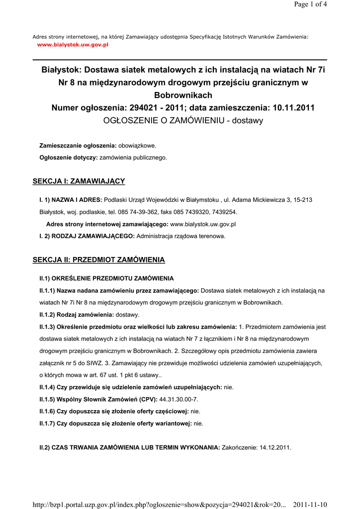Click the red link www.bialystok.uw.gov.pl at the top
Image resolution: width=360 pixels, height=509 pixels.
73,45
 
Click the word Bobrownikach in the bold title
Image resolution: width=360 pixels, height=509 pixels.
183,95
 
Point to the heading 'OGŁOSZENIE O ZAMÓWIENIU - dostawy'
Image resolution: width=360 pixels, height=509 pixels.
183,120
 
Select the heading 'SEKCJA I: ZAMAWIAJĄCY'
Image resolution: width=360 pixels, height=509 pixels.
79,181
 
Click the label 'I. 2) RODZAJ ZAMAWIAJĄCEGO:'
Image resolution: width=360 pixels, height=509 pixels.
87,236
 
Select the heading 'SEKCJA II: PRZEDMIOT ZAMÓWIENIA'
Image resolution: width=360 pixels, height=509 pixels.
98,260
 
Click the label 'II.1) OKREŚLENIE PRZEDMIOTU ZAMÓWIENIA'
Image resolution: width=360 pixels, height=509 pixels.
106,278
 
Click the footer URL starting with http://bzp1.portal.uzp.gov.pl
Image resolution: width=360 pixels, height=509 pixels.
159,505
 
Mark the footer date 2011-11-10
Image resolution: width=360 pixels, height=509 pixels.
310,505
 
